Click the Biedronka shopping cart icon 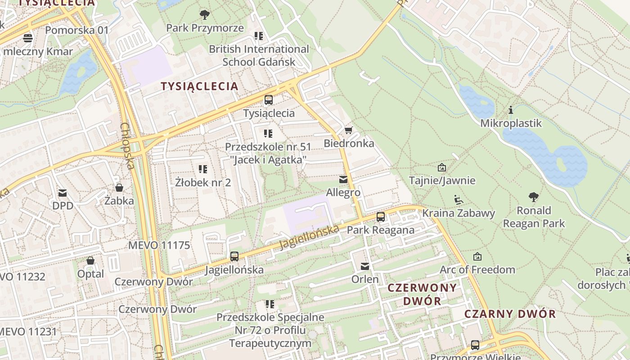[x=348, y=130]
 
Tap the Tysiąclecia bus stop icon [x=269, y=100]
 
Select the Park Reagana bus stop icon [x=381, y=217]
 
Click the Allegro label [x=343, y=193]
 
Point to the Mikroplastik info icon [x=510, y=110]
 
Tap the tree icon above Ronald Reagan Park [x=534, y=197]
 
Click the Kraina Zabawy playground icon [x=458, y=200]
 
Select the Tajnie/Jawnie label [x=442, y=180]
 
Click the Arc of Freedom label [x=477, y=270]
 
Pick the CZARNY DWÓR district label [x=510, y=314]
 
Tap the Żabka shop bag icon [x=119, y=187]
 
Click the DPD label [x=63, y=206]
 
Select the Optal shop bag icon [x=90, y=261]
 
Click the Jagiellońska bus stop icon [x=234, y=256]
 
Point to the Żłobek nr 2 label [x=203, y=182]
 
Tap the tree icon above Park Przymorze [x=205, y=15]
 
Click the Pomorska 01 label [x=77, y=30]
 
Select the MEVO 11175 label [x=159, y=245]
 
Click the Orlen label [x=365, y=279]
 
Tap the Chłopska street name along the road [x=127, y=146]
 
